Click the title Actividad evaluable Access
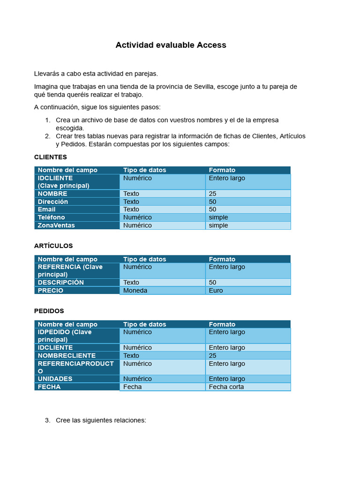click(x=171, y=45)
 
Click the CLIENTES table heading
click(x=51, y=157)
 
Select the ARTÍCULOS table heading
click(x=53, y=246)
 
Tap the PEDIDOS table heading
click(x=49, y=311)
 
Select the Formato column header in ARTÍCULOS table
click(x=222, y=259)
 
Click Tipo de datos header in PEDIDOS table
click(x=145, y=324)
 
